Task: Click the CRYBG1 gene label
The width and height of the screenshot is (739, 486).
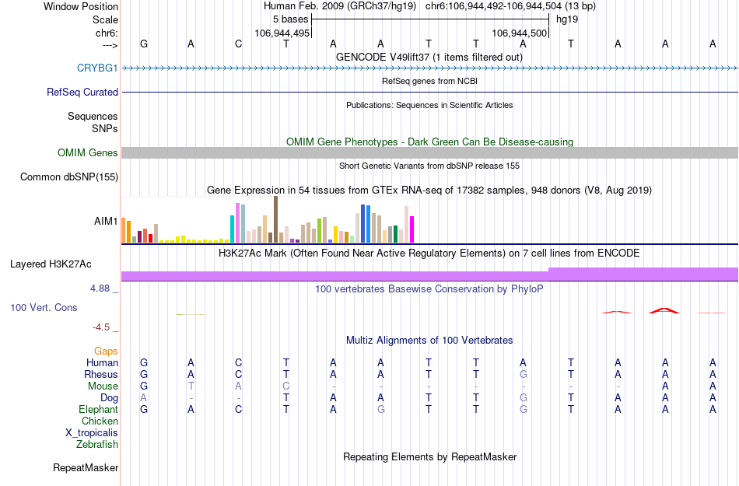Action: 97,68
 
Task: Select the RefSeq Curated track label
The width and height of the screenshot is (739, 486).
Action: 82,92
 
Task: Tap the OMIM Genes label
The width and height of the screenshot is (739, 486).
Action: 87,152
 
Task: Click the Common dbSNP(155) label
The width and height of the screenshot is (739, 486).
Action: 68,177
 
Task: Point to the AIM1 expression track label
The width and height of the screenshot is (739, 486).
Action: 106,221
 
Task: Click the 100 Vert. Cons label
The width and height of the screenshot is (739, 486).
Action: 44,307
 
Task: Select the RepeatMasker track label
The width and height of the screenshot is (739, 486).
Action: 86,467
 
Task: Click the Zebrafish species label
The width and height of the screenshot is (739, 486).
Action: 97,445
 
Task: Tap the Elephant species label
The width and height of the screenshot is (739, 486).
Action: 98,409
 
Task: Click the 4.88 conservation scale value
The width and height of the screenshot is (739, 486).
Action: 104,288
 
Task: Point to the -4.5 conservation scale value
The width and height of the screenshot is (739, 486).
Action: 107,327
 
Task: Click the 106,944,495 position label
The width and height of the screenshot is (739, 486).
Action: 282,33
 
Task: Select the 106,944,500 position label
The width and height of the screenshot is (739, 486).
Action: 520,33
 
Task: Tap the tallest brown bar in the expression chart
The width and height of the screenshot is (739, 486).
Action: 275,219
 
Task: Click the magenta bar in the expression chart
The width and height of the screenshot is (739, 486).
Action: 412,229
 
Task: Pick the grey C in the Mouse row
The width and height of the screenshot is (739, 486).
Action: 286,386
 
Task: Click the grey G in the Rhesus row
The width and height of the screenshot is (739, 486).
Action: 524,374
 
